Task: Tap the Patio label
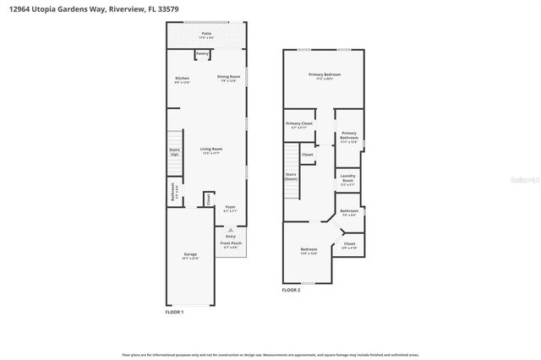[206, 35]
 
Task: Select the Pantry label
[202, 53]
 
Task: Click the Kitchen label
[182, 79]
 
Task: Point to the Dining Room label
[227, 79]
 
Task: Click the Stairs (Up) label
[174, 153]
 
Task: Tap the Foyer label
[229, 207]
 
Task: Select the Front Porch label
[230, 243]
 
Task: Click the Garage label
[190, 255]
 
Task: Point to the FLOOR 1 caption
[174, 312]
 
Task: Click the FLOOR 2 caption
[291, 290]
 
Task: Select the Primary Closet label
[299, 124]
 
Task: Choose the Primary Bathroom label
[348, 135]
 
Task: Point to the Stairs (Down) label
[291, 177]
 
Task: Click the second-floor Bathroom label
[349, 211]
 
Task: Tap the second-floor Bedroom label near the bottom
[309, 249]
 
